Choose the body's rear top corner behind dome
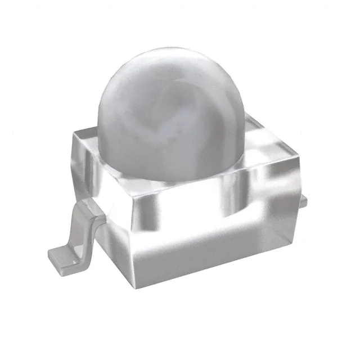[247, 115]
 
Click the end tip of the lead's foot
[52, 256]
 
